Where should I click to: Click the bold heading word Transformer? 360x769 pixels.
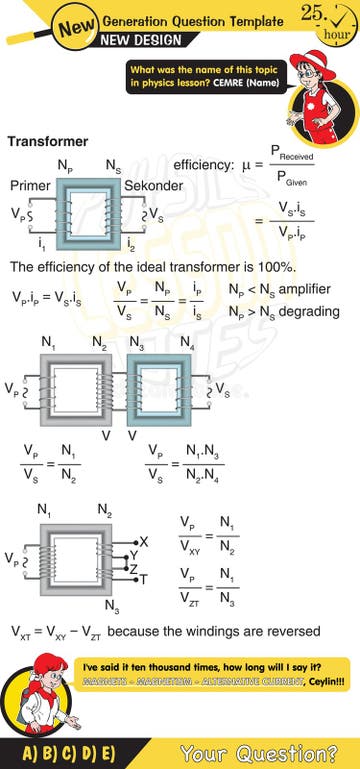click(47, 141)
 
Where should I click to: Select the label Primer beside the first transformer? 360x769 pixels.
click(30, 186)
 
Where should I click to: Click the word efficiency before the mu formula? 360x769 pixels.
click(202, 164)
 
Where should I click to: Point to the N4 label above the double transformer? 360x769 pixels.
click(187, 343)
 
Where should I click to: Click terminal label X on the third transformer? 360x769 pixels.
click(144, 541)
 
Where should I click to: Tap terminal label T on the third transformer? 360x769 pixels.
click(144, 580)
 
